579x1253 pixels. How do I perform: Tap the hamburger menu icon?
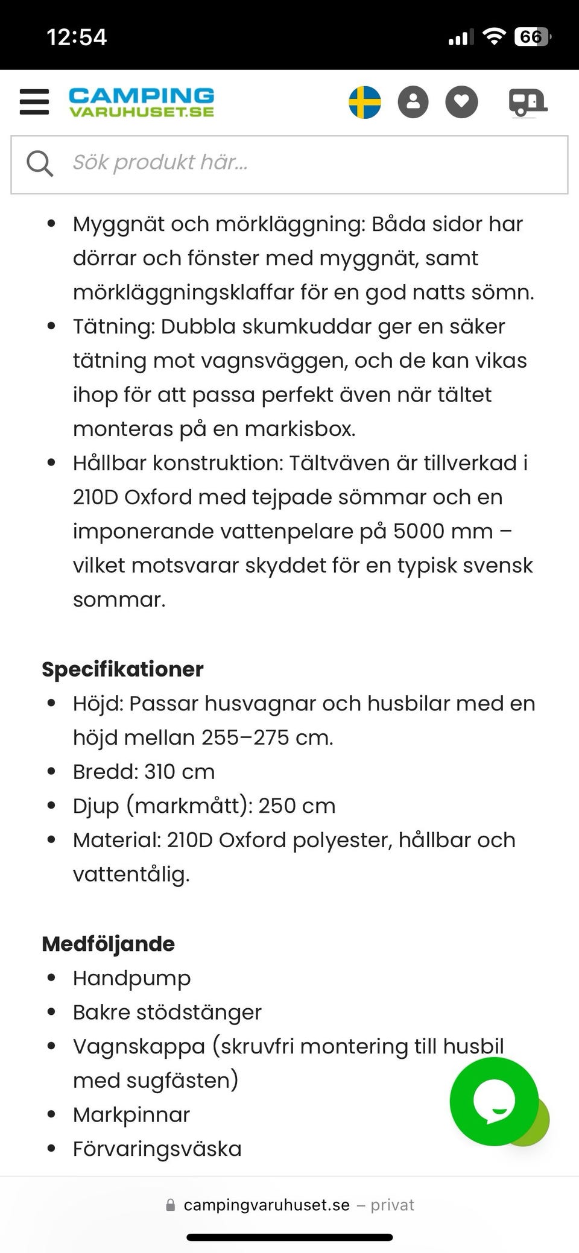[x=34, y=102]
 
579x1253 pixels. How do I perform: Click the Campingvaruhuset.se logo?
[x=141, y=102]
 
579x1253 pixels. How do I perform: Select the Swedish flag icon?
[x=365, y=102]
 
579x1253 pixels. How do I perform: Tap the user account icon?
[x=413, y=102]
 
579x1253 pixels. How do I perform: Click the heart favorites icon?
[x=461, y=102]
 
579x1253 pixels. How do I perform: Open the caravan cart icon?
[x=527, y=102]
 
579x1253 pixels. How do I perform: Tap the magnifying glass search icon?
[x=40, y=163]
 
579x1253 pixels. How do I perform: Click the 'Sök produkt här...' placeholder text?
[x=160, y=162]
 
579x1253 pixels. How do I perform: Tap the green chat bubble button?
[x=495, y=1101]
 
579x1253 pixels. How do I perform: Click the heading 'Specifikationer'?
[x=122, y=669]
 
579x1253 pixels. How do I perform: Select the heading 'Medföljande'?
[x=108, y=944]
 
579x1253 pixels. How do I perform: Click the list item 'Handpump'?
[x=131, y=978]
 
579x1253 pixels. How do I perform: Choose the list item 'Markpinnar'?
[x=131, y=1115]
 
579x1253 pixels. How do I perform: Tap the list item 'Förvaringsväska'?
[x=157, y=1149]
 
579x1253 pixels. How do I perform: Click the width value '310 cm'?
[x=179, y=772]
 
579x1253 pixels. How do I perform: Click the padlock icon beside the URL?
[x=171, y=1205]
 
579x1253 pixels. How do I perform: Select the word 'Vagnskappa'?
[x=139, y=1047]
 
